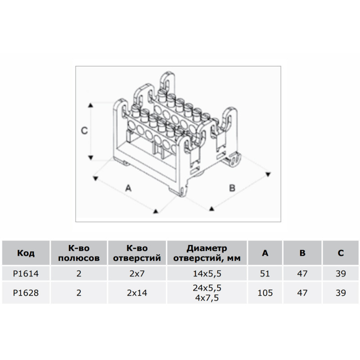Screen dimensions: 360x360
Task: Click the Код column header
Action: tap(26, 253)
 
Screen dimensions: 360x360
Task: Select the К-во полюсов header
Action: tap(79, 253)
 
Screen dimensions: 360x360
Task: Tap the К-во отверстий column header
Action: tap(137, 253)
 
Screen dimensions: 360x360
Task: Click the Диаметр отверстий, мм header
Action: tap(207, 253)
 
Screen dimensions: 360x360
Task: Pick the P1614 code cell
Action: tap(26, 274)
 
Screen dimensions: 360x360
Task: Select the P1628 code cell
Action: tap(26, 293)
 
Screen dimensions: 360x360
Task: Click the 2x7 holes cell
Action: tap(137, 274)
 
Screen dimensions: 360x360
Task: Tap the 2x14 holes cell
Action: tap(137, 293)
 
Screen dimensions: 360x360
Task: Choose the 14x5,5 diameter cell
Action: tap(207, 274)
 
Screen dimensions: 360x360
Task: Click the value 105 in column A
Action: tap(265, 293)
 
